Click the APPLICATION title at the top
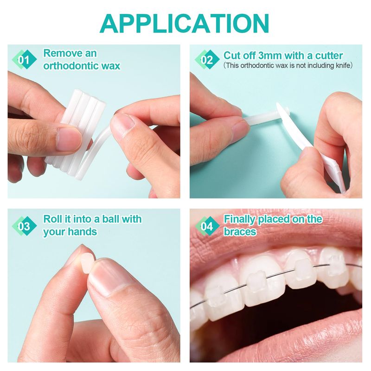[184, 23]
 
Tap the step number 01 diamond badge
[25, 60]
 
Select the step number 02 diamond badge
[207, 60]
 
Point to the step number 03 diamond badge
[25, 226]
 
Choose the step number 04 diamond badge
[207, 226]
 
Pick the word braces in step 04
[240, 231]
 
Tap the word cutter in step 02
[329, 56]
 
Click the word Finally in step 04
[239, 219]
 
